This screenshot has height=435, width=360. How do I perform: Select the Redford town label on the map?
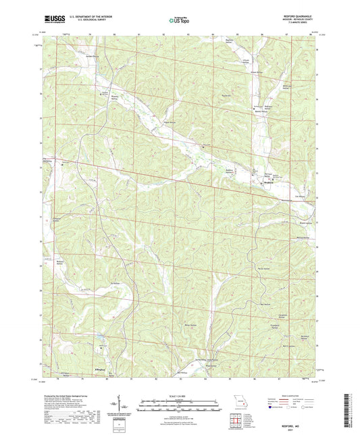(269, 182)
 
